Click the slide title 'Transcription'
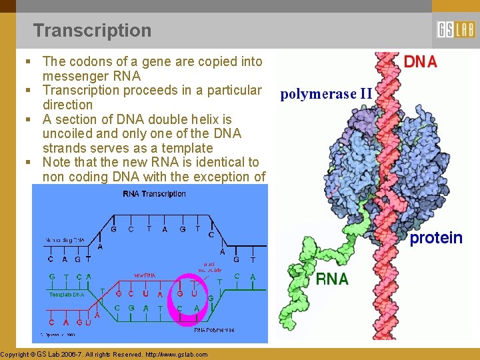(92, 31)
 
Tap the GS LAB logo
(455, 30)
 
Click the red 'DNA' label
(421, 62)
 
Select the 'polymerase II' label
(326, 94)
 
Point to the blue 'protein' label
(436, 238)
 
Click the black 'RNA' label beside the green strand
(332, 279)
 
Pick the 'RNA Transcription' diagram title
(154, 194)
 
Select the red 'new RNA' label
(145, 275)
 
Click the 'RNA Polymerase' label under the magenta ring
(214, 330)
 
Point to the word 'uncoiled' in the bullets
(67, 133)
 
